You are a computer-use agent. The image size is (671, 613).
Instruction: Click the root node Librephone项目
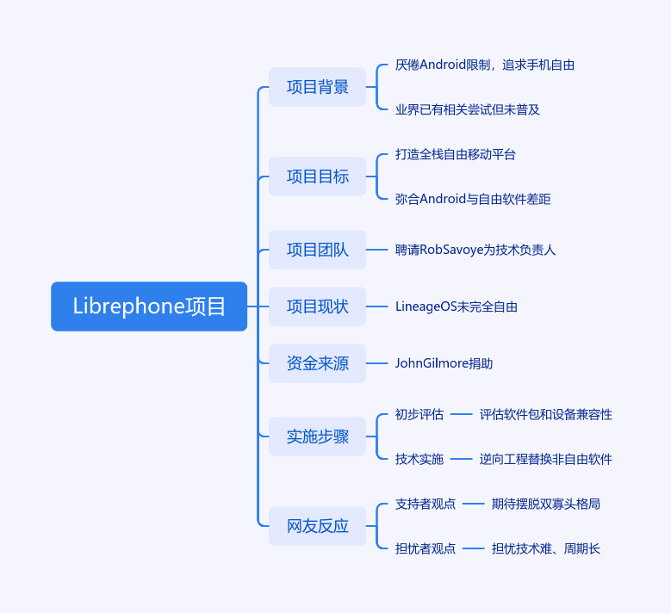[x=149, y=306]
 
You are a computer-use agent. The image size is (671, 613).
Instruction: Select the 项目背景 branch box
[x=317, y=87]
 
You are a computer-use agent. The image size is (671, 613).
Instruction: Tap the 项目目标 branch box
[x=317, y=176]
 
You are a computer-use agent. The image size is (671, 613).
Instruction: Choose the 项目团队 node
[x=317, y=250]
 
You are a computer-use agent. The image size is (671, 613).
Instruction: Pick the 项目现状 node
[x=317, y=306]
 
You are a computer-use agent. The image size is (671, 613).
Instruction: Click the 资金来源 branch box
[x=317, y=363]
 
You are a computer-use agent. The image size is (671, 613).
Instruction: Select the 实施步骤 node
[x=317, y=437]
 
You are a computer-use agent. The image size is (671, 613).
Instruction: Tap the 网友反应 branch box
[x=317, y=526]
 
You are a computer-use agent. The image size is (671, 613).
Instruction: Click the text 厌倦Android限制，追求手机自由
[x=485, y=65]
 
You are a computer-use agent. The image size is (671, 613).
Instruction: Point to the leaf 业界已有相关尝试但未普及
[x=468, y=109]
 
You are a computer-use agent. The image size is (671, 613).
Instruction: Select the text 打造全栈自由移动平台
[x=456, y=154]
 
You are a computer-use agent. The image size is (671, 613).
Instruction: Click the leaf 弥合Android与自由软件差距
[x=473, y=199]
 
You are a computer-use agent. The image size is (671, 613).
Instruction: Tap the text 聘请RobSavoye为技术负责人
[x=475, y=250]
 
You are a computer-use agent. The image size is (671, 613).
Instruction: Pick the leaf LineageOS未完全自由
[x=457, y=306]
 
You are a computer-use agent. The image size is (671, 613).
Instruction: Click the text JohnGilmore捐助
[x=444, y=363]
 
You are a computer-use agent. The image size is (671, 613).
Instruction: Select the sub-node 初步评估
[x=419, y=414]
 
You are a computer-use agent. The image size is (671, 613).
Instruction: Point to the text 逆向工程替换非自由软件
[x=546, y=459]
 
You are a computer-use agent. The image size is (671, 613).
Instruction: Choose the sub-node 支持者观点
[x=426, y=504]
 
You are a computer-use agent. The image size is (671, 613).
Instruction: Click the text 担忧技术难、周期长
[x=546, y=548]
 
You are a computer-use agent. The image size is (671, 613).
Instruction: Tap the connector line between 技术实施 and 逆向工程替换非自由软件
[x=462, y=459]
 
